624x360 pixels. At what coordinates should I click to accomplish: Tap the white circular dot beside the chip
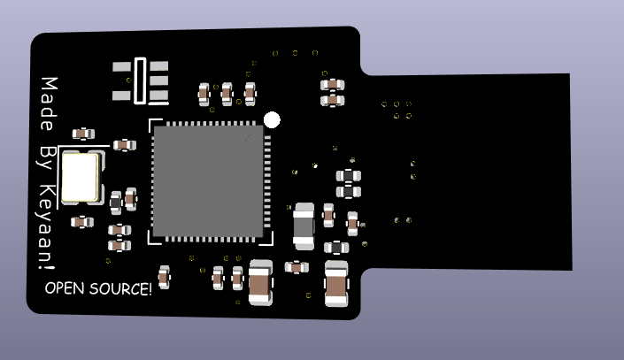pyautogui.click(x=273, y=119)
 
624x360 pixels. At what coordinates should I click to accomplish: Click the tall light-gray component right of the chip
pyautogui.click(x=304, y=224)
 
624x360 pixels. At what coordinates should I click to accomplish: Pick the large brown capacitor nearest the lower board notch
pyautogui.click(x=336, y=283)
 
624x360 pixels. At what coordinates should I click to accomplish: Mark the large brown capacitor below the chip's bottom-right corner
pyautogui.click(x=260, y=282)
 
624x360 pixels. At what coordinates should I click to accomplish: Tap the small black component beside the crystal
pyautogui.click(x=115, y=203)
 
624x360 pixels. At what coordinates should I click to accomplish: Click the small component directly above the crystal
pyautogui.click(x=83, y=134)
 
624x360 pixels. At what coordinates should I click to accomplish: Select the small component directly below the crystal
pyautogui.click(x=82, y=221)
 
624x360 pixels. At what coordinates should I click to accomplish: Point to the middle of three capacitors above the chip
pyautogui.click(x=227, y=92)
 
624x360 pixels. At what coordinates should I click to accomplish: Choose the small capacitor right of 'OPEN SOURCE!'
pyautogui.click(x=165, y=276)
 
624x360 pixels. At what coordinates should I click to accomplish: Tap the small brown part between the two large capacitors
pyautogui.click(x=297, y=266)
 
